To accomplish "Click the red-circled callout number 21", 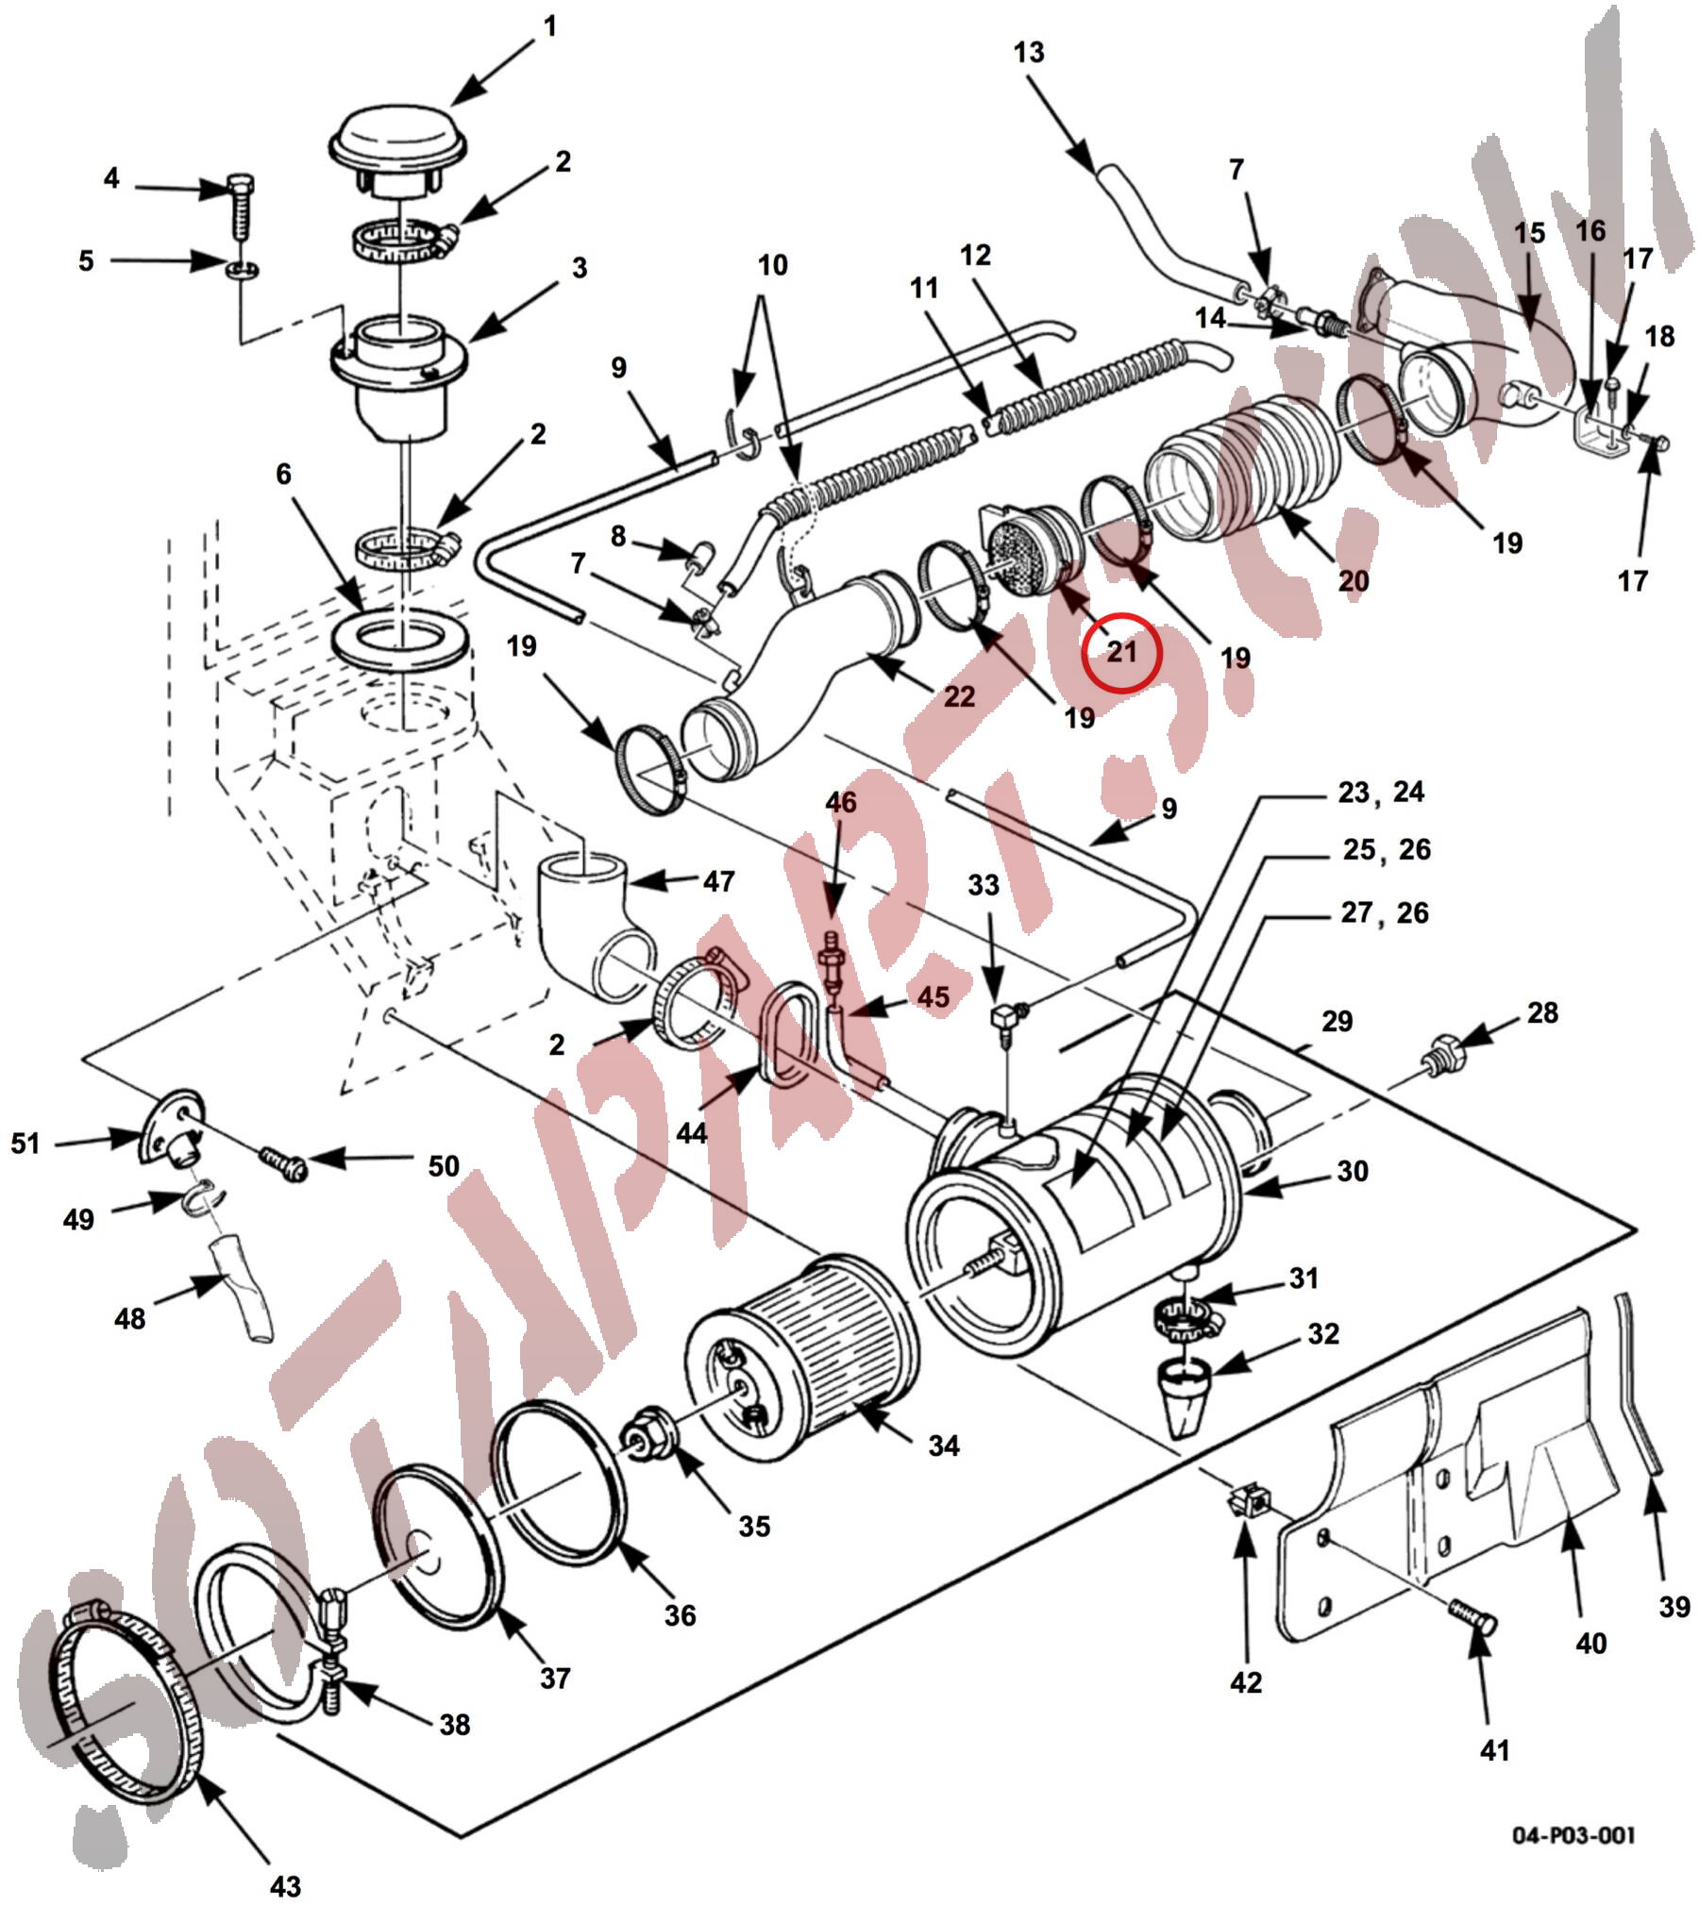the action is tap(1121, 652).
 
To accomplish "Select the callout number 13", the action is tap(1029, 52).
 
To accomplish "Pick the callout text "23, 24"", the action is tap(1381, 792).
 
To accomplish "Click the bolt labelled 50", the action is tap(284, 1162).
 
